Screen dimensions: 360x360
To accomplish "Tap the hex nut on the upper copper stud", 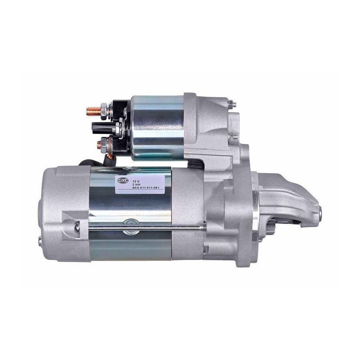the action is [x=104, y=111].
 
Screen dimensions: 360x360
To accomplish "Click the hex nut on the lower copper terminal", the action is [x=104, y=144].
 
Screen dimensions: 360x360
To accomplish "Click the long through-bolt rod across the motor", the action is [x=147, y=228].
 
